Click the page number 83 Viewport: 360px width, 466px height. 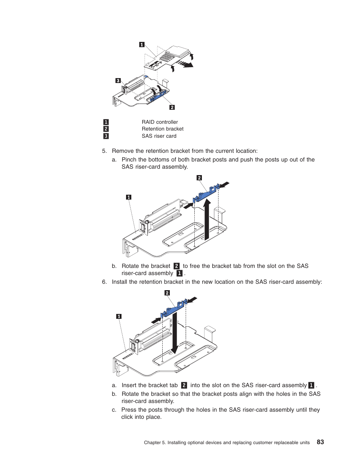[320, 442]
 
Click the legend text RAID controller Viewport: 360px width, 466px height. [160, 122]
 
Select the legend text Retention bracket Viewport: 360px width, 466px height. [163, 129]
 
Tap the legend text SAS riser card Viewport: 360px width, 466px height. [159, 136]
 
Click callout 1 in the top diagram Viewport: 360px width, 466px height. [142, 45]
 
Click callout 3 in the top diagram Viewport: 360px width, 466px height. [118, 80]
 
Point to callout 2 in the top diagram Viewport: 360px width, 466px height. [172, 107]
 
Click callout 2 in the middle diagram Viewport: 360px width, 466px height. [199, 178]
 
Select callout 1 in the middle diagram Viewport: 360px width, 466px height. [129, 197]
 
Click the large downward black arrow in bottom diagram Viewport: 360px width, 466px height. [174, 336]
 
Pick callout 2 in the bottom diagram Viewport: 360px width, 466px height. [167, 293]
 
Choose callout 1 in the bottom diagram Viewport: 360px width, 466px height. [119, 316]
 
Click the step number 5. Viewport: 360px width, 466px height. [104, 151]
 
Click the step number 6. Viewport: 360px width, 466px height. [104, 282]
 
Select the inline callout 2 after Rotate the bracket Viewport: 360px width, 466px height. [176, 266]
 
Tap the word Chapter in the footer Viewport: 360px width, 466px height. [152, 443]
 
